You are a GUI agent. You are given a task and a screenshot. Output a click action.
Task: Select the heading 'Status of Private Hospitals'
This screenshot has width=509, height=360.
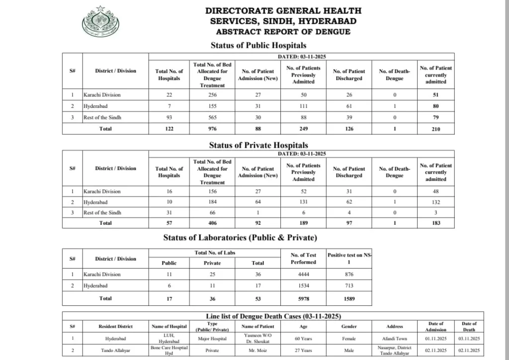[x=258, y=145]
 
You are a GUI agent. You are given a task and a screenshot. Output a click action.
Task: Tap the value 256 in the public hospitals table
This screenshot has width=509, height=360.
[x=212, y=95]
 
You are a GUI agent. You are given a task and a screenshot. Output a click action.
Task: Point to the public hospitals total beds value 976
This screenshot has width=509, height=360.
[x=212, y=129]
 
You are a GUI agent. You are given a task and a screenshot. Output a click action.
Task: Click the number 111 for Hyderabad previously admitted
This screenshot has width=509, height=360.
[x=303, y=106]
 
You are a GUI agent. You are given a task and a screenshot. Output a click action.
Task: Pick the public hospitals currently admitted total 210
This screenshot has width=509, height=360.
[x=435, y=129]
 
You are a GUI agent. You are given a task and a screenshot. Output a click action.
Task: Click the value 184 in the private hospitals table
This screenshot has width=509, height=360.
[x=212, y=202]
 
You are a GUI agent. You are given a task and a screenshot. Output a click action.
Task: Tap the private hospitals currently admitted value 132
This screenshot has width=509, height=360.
[x=435, y=202]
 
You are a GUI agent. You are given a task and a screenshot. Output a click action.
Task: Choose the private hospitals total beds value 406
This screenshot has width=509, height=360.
[x=212, y=223]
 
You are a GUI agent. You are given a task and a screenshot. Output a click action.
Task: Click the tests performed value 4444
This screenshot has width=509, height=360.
[x=303, y=274]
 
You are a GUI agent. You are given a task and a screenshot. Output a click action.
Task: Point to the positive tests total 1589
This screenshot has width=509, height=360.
[x=349, y=299]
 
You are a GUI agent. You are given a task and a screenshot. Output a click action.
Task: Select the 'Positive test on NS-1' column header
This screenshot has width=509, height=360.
[x=349, y=259]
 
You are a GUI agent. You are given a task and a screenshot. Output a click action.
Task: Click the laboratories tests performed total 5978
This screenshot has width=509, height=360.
[x=303, y=299]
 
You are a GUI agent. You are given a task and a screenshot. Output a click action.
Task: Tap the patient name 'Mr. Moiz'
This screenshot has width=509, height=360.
[x=257, y=350]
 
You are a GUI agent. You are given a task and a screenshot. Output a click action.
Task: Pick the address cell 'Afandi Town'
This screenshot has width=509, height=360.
[x=394, y=339]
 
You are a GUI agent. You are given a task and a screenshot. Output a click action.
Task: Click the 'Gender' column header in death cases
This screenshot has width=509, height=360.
[x=349, y=327]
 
